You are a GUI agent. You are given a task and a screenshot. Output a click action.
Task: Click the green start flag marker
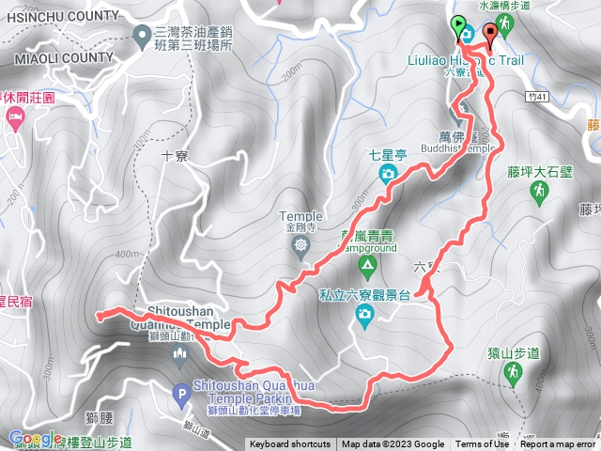coord(458,26)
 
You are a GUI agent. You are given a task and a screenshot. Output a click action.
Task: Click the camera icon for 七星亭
coord(386,174)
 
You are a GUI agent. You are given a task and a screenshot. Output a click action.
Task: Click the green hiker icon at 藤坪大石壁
coord(539,194)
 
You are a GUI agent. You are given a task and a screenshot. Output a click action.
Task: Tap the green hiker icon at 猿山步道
coord(514,375)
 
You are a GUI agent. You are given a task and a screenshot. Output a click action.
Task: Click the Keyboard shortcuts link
coord(289,444)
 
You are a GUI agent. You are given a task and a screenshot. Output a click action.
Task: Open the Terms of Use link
coord(482,444)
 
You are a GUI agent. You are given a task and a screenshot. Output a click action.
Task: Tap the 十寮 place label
coord(176,157)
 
